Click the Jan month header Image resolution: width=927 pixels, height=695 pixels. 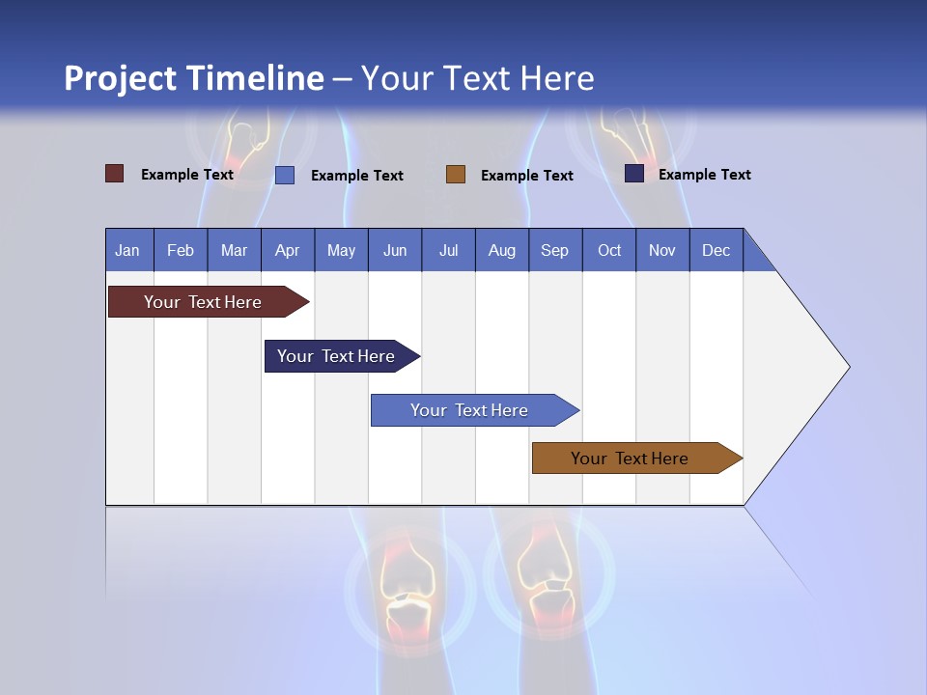tap(128, 250)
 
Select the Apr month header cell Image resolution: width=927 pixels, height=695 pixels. tap(288, 250)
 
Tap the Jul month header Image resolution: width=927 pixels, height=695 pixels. tap(448, 250)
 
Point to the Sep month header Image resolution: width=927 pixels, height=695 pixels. tap(554, 250)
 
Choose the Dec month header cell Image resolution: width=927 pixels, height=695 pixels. tap(716, 250)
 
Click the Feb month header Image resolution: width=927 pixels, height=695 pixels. tap(181, 250)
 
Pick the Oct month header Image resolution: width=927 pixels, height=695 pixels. tap(609, 250)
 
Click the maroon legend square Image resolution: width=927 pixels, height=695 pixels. tap(115, 174)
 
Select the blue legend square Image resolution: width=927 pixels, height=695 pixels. tap(285, 175)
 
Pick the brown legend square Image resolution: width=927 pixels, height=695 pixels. tap(456, 175)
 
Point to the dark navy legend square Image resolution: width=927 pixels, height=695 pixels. tap(634, 174)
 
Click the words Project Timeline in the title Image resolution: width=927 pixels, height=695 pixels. tap(194, 78)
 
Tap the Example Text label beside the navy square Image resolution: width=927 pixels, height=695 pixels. tap(704, 175)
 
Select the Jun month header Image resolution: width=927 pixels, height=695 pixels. tap(395, 250)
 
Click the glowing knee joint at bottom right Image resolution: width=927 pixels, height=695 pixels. tap(546, 579)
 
